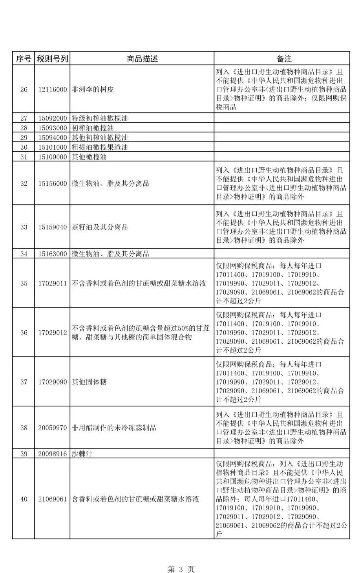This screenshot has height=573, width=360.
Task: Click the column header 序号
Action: click(x=24, y=59)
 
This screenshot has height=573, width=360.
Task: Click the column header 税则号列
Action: click(x=53, y=59)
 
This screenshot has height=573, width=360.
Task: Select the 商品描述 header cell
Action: click(x=142, y=59)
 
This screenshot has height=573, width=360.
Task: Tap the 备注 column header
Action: click(x=281, y=59)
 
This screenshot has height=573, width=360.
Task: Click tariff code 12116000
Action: click(x=53, y=90)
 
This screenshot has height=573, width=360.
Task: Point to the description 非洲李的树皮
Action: click(x=93, y=90)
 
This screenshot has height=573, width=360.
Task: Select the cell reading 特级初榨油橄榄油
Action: click(x=100, y=118)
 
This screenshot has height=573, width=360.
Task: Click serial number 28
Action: click(x=24, y=128)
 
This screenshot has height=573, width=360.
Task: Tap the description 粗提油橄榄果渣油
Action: click(x=100, y=147)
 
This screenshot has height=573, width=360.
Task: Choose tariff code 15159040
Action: click(x=53, y=227)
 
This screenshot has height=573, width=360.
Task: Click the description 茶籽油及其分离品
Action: click(x=100, y=227)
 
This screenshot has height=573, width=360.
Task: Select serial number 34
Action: click(x=24, y=254)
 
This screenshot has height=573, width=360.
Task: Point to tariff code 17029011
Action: click(x=53, y=283)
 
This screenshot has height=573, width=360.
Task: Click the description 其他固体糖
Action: click(x=89, y=382)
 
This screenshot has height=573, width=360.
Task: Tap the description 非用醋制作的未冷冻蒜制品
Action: click(x=114, y=428)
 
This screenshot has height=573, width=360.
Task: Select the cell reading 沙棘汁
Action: click(x=82, y=454)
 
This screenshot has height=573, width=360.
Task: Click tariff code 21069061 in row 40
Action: click(x=53, y=499)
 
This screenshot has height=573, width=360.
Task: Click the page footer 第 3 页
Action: click(x=181, y=558)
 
